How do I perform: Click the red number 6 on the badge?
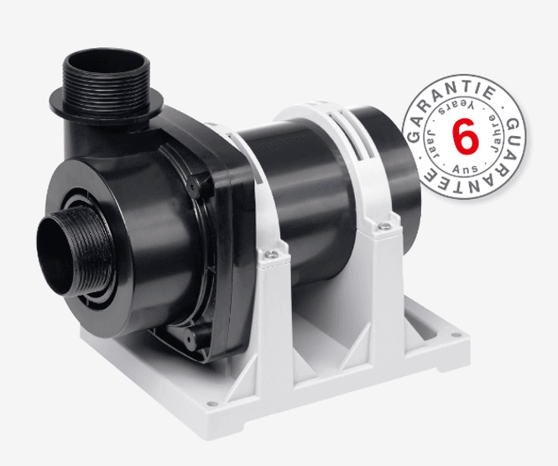(464, 137)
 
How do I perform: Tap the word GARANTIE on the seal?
(442, 107)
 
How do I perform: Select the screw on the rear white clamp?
(383, 225)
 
